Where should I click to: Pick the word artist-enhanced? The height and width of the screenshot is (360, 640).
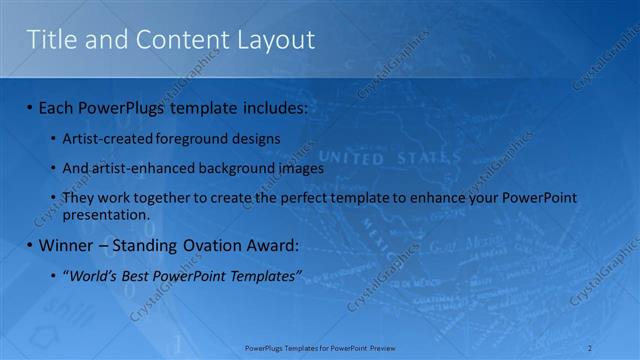click(x=132, y=169)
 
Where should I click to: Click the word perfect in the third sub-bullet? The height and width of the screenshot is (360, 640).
click(x=307, y=199)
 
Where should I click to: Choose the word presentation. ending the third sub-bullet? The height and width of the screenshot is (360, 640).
click(x=106, y=214)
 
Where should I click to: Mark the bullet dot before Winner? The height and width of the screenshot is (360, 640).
click(x=30, y=245)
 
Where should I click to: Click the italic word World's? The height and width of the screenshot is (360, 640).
click(x=92, y=276)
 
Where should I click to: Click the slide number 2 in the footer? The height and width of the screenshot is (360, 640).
click(x=592, y=347)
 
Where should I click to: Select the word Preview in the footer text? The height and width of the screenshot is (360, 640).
click(x=382, y=347)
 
